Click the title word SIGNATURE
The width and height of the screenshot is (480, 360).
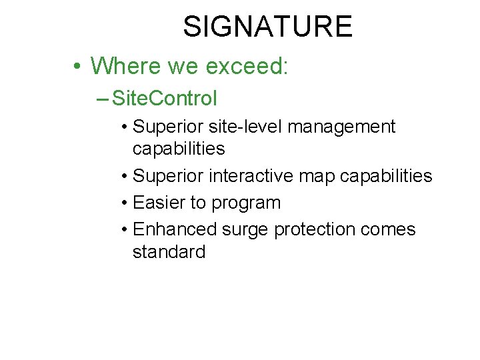tap(267, 27)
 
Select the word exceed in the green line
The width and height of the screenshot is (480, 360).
tap(246, 66)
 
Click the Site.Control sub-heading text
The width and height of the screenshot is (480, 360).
tap(165, 99)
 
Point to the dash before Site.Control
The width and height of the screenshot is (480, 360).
tap(103, 99)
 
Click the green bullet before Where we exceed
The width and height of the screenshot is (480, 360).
tap(78, 66)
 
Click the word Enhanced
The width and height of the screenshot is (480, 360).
tap(175, 229)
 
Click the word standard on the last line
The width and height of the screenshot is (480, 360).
tap(169, 252)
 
